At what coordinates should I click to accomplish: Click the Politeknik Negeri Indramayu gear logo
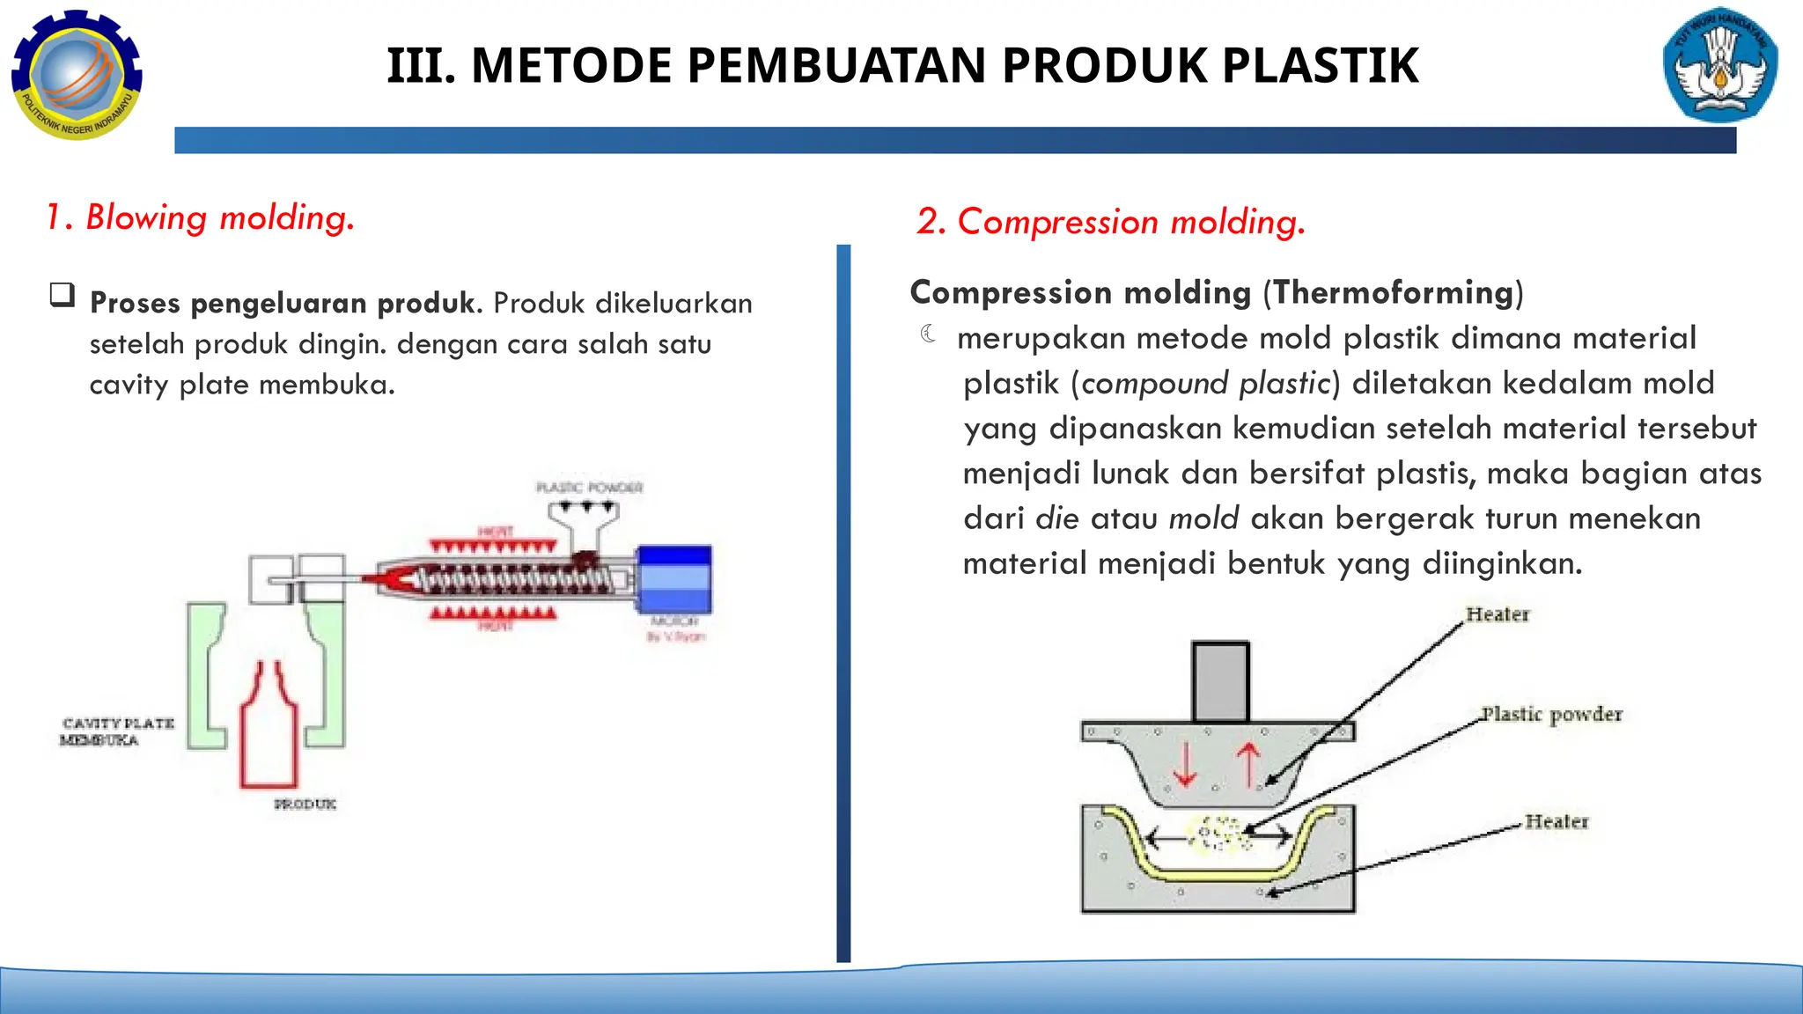pyautogui.click(x=77, y=75)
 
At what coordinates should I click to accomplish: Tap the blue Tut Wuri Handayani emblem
pyautogui.click(x=1720, y=70)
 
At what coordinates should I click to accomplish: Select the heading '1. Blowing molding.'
pyautogui.click(x=200, y=217)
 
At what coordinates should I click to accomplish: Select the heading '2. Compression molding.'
pyautogui.click(x=1110, y=222)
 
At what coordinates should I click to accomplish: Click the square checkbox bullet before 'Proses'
pyautogui.click(x=63, y=295)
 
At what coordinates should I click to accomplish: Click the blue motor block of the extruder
pyautogui.click(x=674, y=578)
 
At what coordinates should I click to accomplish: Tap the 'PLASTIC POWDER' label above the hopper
pyautogui.click(x=590, y=488)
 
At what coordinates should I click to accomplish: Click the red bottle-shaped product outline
pyautogui.click(x=269, y=731)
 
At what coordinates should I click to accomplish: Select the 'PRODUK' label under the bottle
pyautogui.click(x=305, y=804)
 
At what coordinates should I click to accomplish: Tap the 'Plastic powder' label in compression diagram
pyautogui.click(x=1551, y=714)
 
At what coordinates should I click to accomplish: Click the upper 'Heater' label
pyautogui.click(x=1498, y=614)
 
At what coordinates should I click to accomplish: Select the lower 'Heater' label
pyautogui.click(x=1556, y=821)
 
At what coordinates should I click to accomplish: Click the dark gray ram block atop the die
pyautogui.click(x=1220, y=682)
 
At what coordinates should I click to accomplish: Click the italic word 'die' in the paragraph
pyautogui.click(x=1057, y=518)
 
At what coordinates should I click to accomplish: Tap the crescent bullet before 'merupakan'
pyautogui.click(x=928, y=334)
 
